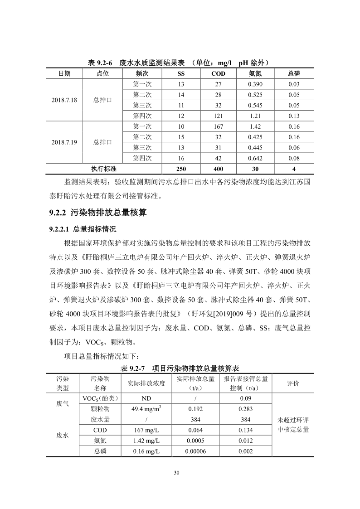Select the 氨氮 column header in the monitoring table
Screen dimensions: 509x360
(255, 73)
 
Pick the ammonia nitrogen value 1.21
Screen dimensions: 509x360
(255, 116)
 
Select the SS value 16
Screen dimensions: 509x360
(181, 158)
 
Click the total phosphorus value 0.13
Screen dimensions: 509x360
(294, 116)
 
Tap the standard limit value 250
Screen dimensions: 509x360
(181, 169)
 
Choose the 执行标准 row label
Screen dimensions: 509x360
(104, 169)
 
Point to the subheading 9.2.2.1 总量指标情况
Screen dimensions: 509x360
(83, 228)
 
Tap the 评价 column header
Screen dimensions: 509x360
(293, 383)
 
